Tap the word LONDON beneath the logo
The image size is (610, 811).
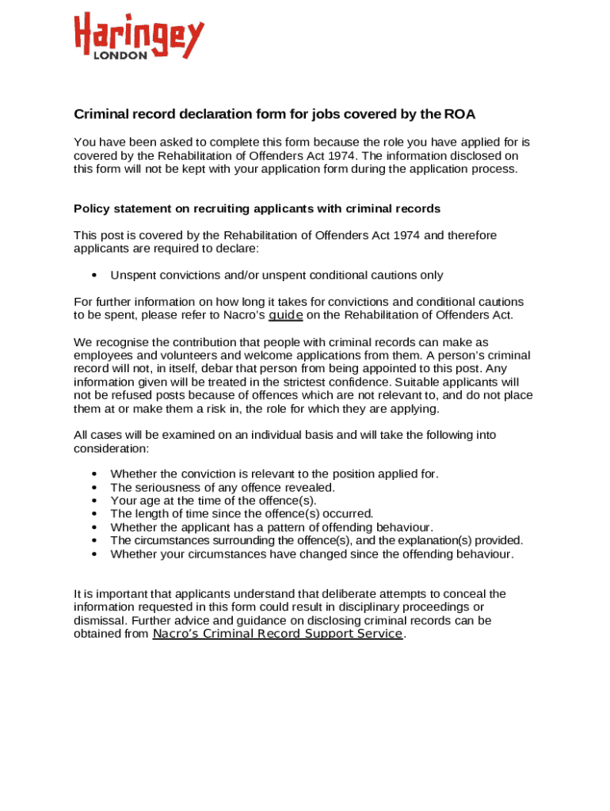coord(120,56)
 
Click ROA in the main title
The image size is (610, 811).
coord(459,114)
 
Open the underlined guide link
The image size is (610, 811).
coord(286,315)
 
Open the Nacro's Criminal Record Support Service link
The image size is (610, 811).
coord(277,634)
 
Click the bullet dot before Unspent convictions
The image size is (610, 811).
coord(94,276)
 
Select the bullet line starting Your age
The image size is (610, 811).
coord(213,501)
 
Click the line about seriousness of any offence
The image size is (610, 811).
coord(223,488)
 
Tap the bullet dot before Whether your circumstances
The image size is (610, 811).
coord(94,554)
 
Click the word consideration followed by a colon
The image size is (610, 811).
coord(110,448)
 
